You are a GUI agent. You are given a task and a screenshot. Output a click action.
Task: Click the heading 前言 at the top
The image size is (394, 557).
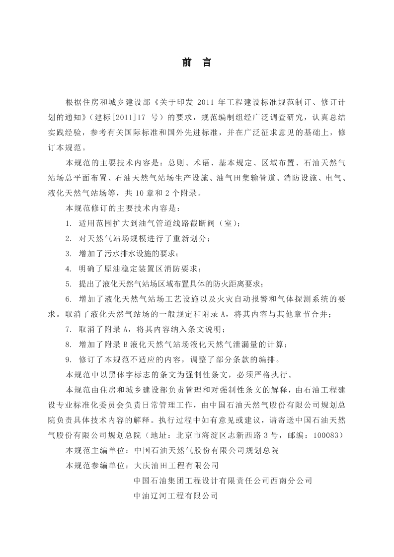(x=197, y=63)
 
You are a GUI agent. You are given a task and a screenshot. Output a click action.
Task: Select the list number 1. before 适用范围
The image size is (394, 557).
(x=69, y=223)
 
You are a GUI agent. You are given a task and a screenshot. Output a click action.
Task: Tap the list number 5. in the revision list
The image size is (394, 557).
(x=69, y=284)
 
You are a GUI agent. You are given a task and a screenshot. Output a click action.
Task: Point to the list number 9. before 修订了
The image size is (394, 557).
(x=69, y=359)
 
